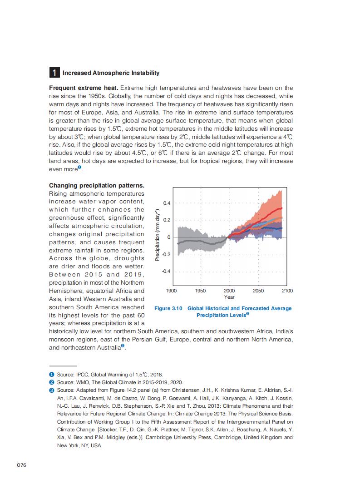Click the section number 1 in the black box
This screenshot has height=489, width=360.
(54, 73)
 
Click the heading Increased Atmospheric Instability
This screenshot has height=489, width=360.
(111, 73)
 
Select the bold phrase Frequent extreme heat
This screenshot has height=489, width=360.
(77, 88)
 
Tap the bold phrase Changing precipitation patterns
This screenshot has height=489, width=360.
(96, 185)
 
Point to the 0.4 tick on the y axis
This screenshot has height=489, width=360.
(167, 203)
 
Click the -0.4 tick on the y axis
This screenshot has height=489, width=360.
(166, 271)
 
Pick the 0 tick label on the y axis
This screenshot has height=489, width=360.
(168, 237)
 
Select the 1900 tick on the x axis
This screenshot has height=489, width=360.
(172, 291)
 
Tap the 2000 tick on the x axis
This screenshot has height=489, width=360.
(229, 291)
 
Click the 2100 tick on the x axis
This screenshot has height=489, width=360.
(287, 291)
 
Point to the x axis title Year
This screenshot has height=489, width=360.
(229, 297)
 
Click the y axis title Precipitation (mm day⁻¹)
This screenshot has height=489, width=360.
(157, 235)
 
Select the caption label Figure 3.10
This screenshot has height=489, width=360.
(168, 308)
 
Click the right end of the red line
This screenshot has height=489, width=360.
(282, 208)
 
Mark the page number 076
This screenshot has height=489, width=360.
(22, 465)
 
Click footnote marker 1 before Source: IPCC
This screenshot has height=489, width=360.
(52, 375)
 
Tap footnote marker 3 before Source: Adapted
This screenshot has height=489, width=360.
(52, 390)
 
